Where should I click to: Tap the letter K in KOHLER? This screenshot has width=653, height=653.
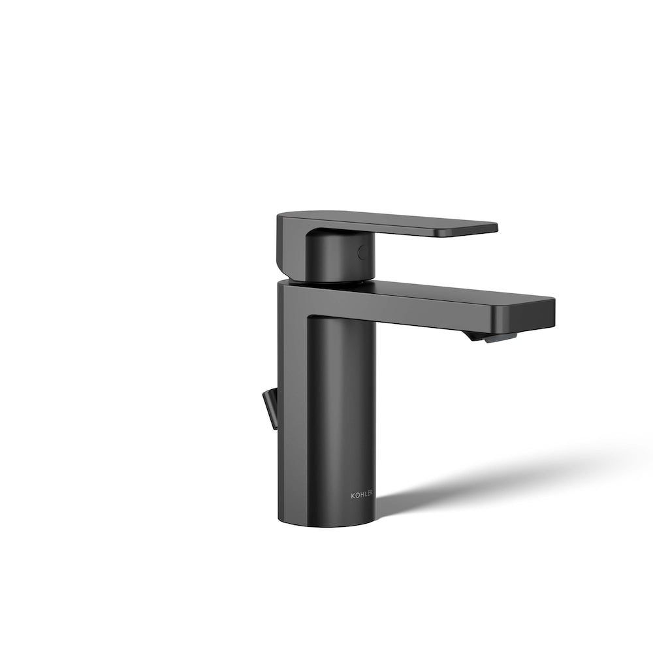tap(353, 496)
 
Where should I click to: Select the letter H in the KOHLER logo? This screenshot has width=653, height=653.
tap(361, 496)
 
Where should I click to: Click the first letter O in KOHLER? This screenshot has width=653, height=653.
tap(357, 496)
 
